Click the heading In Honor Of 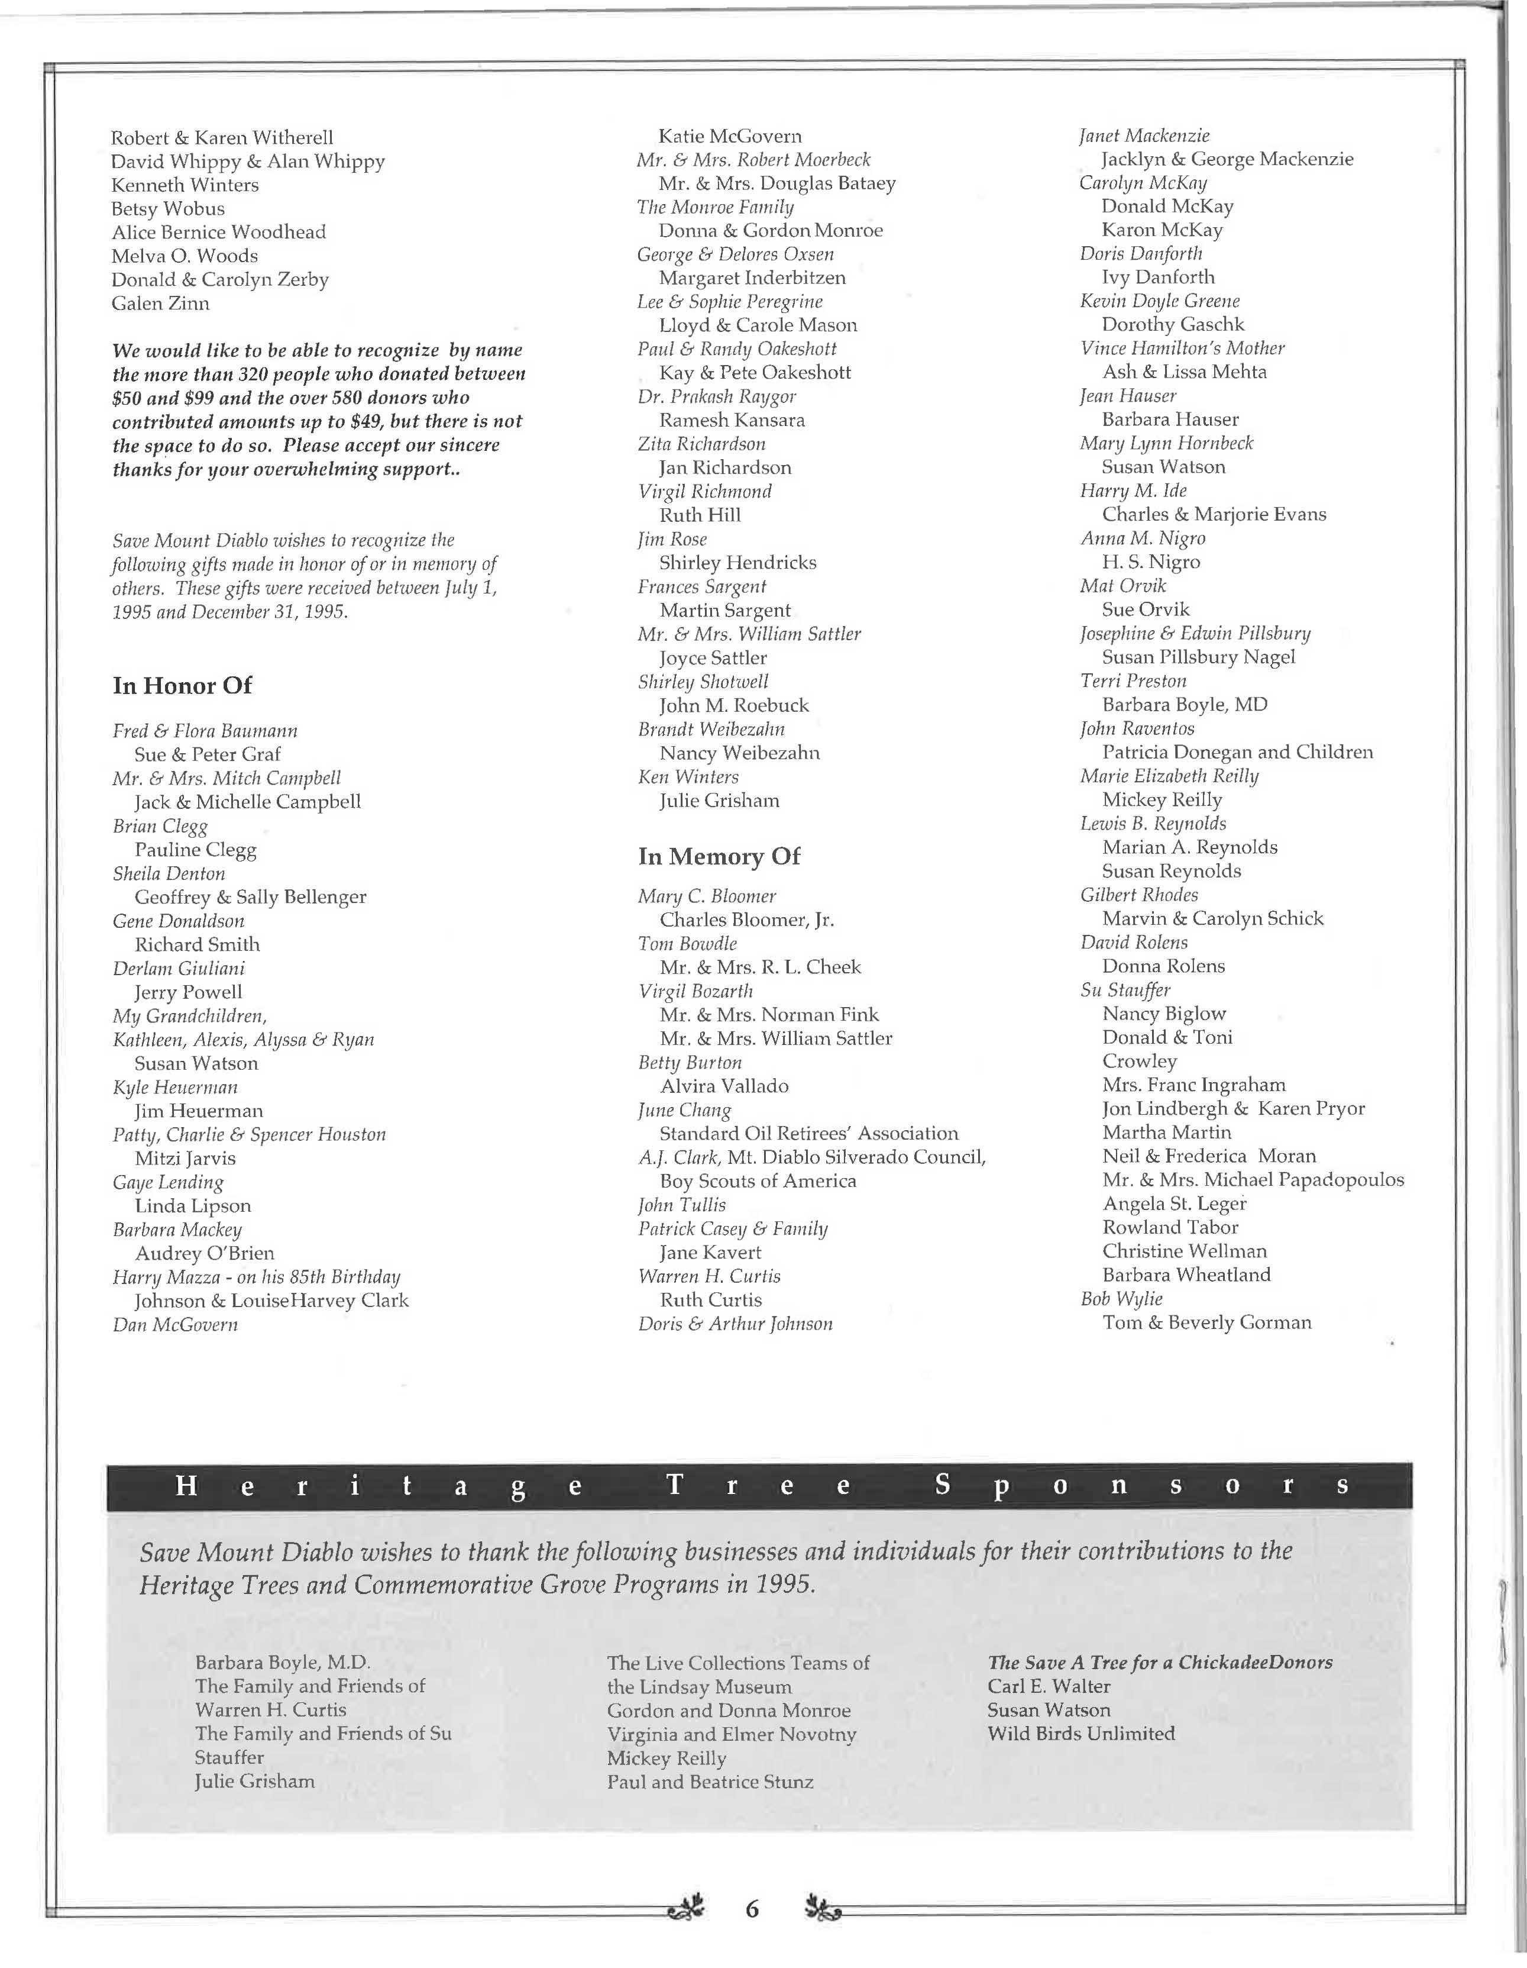coord(182,686)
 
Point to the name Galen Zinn coord(160,304)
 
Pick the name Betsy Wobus coord(167,209)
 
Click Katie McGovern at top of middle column coord(730,136)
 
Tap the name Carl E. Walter coord(1049,1686)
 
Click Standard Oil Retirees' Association coord(808,1134)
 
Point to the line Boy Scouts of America coord(758,1182)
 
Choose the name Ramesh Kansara coord(732,420)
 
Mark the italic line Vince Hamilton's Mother coord(1182,348)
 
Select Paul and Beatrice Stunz coord(710,1782)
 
